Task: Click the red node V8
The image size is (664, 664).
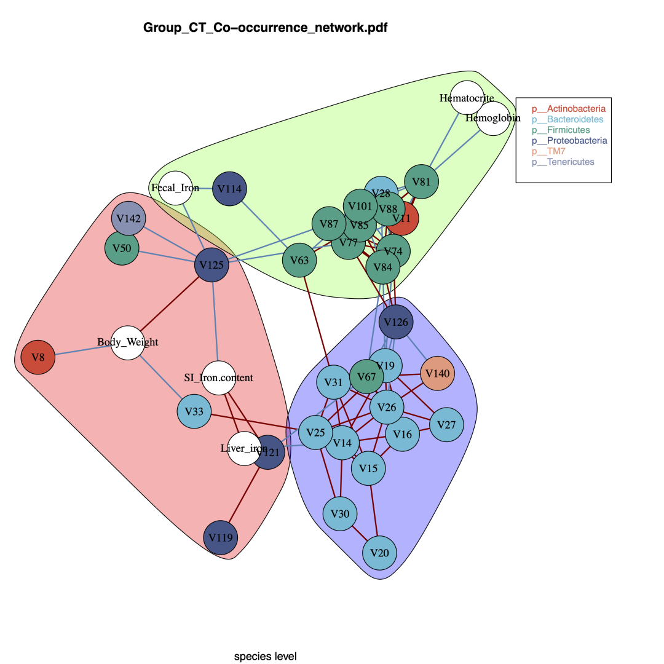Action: (x=38, y=357)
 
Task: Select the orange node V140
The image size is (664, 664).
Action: (x=438, y=373)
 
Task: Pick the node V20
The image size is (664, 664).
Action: (x=379, y=553)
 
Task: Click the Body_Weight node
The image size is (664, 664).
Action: (x=128, y=342)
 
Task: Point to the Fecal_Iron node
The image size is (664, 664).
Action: (x=176, y=188)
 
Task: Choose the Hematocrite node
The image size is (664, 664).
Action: (x=467, y=98)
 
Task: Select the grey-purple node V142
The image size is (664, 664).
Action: (x=129, y=218)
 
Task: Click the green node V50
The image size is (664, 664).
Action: (x=122, y=248)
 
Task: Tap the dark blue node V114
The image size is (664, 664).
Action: (x=229, y=189)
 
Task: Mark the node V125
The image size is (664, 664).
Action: (x=211, y=266)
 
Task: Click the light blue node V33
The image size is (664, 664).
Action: (x=194, y=411)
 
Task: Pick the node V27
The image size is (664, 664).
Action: (x=446, y=425)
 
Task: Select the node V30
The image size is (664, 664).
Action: (x=340, y=513)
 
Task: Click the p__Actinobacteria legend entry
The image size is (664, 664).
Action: (x=569, y=109)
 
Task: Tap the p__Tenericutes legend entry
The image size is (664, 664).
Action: (x=563, y=162)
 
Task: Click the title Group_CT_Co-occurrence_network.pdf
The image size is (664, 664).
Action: (x=265, y=28)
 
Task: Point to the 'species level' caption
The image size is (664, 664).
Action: (x=265, y=657)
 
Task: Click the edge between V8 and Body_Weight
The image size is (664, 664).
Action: (x=83, y=350)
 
